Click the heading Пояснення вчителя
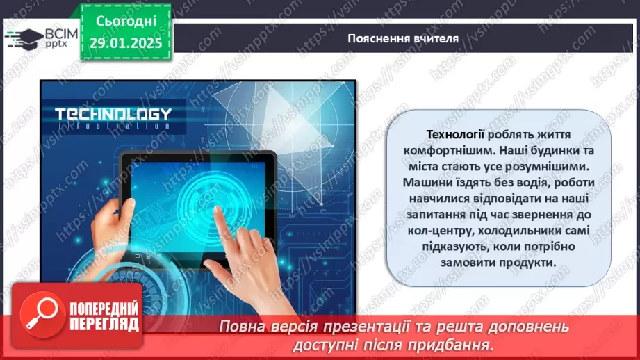click(403, 38)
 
